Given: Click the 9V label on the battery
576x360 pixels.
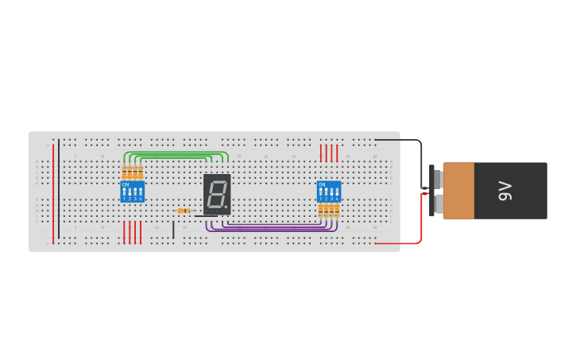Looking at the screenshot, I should pos(505,191).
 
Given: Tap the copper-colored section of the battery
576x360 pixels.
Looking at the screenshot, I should pos(458,191).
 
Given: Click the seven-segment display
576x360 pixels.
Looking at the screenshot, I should pos(217,194).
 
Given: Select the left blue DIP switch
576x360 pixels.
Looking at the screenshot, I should pos(132,192).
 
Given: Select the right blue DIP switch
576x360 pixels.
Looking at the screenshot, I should pos(329,192).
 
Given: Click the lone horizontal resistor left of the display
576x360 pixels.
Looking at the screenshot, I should pos(184,211).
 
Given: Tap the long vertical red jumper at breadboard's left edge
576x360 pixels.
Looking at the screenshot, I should pos(53,191).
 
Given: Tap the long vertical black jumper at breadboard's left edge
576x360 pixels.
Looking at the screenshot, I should pos(58,191).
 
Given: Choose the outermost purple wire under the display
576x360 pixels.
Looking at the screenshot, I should pos(270,230).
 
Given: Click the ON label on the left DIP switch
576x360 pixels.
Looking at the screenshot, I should pos(125,184).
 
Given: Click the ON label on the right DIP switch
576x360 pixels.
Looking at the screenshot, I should pos(322,184).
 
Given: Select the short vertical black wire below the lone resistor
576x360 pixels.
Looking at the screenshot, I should pos(173,230).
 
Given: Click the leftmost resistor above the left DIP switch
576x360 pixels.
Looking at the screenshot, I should pos(125,172).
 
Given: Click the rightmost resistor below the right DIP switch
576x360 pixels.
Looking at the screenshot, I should pos(337,210).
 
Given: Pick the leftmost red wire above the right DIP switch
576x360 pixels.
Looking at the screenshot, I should pos(321,153).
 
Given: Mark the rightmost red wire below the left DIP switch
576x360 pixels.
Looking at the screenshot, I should pos(141,232).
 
